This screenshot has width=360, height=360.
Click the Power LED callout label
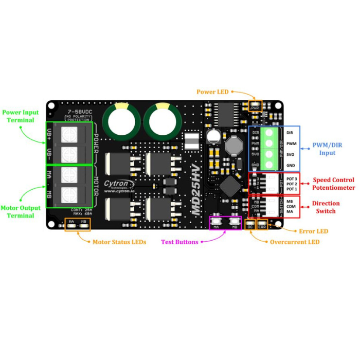click(212, 92)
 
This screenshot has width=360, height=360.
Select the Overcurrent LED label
click(295, 242)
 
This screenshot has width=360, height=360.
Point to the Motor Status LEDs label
click(119, 242)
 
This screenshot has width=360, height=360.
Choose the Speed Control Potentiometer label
click(333, 184)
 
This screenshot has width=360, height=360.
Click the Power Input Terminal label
click(21, 116)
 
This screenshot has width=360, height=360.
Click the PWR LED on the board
click(255, 107)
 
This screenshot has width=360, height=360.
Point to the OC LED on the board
click(250, 225)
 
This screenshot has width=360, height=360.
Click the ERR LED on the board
click(262, 225)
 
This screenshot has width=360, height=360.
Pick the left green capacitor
click(121, 122)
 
